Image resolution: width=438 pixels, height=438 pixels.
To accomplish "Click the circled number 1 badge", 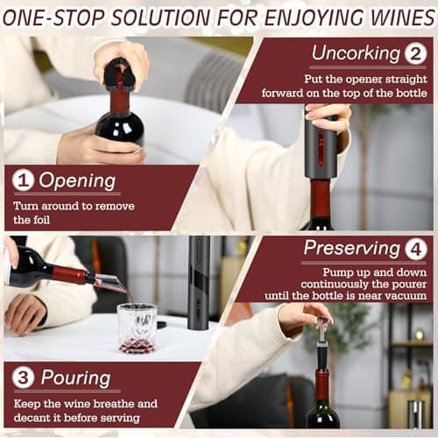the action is [23, 180].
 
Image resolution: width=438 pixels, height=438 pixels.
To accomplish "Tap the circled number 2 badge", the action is [415, 53].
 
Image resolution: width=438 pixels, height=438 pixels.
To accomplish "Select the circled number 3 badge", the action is [23, 378].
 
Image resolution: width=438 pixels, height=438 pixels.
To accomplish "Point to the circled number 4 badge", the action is [416, 250].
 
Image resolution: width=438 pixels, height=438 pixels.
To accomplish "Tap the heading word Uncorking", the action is [356, 54].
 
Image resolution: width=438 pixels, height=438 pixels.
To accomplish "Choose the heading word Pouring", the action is [75, 378].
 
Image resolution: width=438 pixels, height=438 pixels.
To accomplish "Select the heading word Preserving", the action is [352, 249].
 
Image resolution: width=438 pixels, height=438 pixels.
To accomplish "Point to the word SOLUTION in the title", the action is [161, 18].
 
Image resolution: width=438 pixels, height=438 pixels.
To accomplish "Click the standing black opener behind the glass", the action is [200, 283].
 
